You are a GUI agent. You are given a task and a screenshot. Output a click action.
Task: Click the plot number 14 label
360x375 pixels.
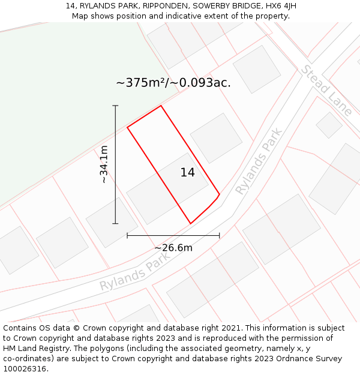coord(187,173)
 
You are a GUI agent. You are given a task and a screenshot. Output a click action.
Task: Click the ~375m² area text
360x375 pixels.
coord(173,83)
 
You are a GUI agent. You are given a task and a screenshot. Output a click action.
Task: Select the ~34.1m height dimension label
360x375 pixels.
coord(104,164)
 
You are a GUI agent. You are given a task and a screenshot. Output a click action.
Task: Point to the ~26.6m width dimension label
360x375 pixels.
coord(173,248)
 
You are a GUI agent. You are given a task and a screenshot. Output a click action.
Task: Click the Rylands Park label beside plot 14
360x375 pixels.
coord(259,161)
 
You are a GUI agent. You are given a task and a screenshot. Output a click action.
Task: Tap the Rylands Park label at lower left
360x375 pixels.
coord(135,271)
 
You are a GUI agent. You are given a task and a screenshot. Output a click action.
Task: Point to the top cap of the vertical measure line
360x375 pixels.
coord(115,106)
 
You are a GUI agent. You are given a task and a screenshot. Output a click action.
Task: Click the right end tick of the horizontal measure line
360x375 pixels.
coord(220,236)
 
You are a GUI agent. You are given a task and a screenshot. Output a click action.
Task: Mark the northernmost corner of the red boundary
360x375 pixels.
coord(161,106)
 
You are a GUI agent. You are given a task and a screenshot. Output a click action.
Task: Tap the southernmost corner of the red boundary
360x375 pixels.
coord(191,224)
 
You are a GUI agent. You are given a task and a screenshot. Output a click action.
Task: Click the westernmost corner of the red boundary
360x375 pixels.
coord(127,127)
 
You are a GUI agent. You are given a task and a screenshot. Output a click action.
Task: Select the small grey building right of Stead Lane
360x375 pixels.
coord(329,125)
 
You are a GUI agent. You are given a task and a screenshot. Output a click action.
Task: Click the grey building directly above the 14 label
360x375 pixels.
coord(216,137)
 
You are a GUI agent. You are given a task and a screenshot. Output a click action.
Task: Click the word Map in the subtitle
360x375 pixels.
coord(80,16)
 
